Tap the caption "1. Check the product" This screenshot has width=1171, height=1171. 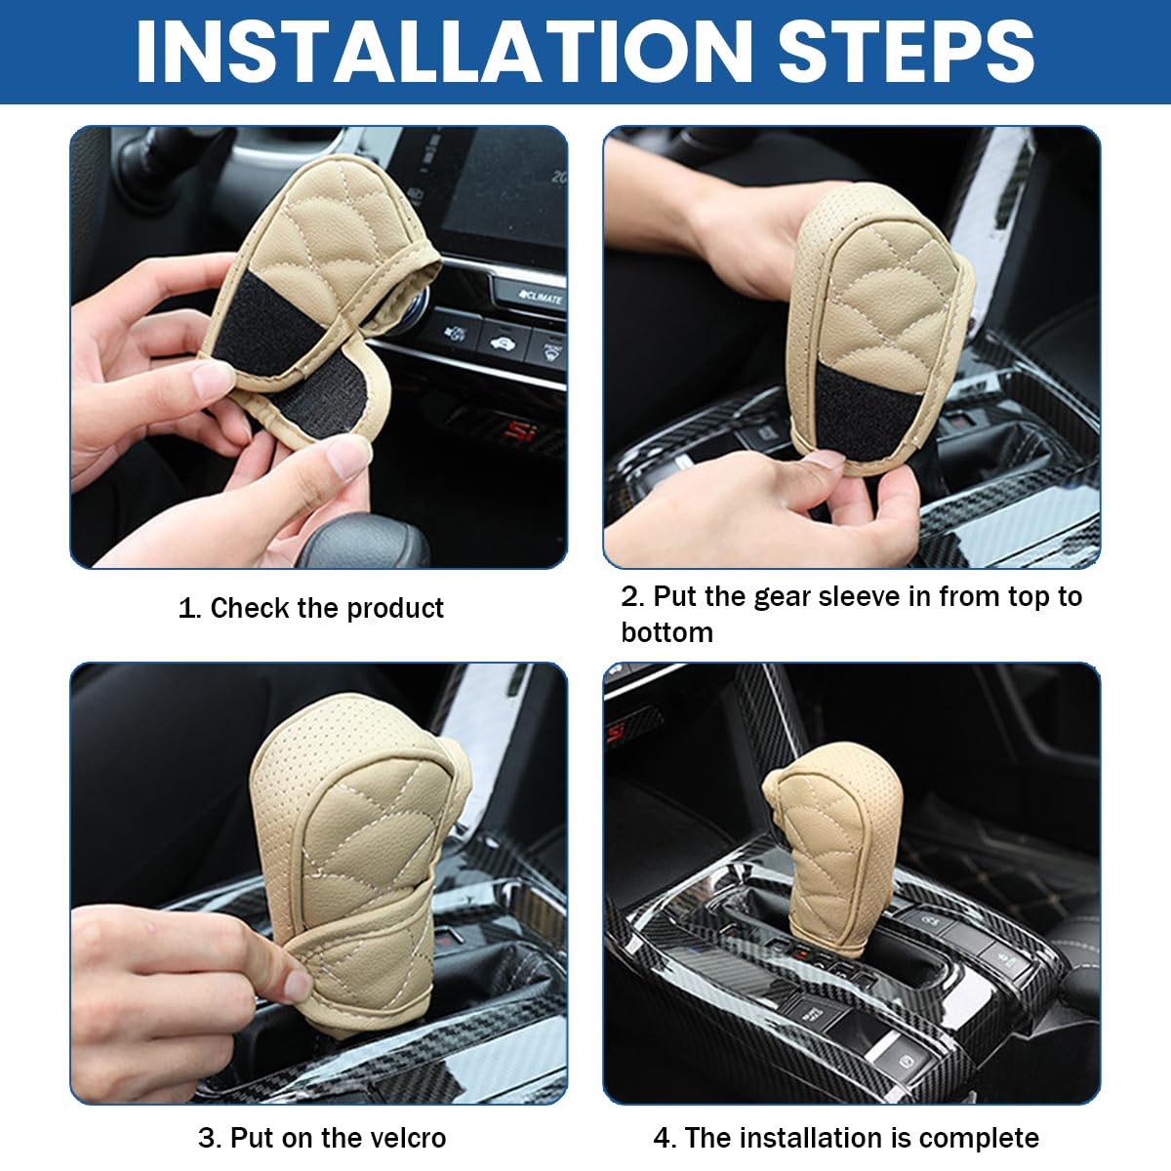pos(310,608)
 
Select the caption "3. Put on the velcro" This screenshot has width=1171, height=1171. pos(322,1138)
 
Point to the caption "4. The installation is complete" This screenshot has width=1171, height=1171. pos(845,1138)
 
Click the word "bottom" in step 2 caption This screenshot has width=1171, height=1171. pos(666,632)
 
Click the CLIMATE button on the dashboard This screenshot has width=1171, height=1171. pos(543,296)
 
